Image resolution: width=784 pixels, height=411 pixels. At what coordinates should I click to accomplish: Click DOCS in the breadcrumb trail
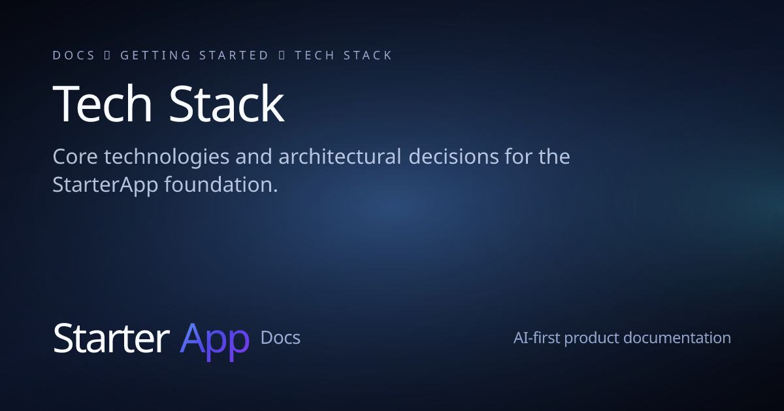74,55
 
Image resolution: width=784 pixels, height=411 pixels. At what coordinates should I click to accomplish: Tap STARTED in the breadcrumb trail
233,55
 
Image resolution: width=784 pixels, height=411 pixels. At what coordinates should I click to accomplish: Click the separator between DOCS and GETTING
108,55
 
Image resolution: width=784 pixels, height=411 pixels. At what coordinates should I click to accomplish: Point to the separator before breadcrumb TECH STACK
282,55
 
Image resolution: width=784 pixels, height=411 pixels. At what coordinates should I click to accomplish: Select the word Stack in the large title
227,104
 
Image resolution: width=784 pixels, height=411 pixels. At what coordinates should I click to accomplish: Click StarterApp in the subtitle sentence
105,185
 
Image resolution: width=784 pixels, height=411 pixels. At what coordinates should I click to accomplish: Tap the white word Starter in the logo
111,339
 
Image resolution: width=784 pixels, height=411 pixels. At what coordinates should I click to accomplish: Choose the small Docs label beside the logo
280,338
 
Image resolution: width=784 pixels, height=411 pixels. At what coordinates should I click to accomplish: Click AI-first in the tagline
536,338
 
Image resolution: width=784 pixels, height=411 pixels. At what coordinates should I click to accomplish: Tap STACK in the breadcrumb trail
365,55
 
